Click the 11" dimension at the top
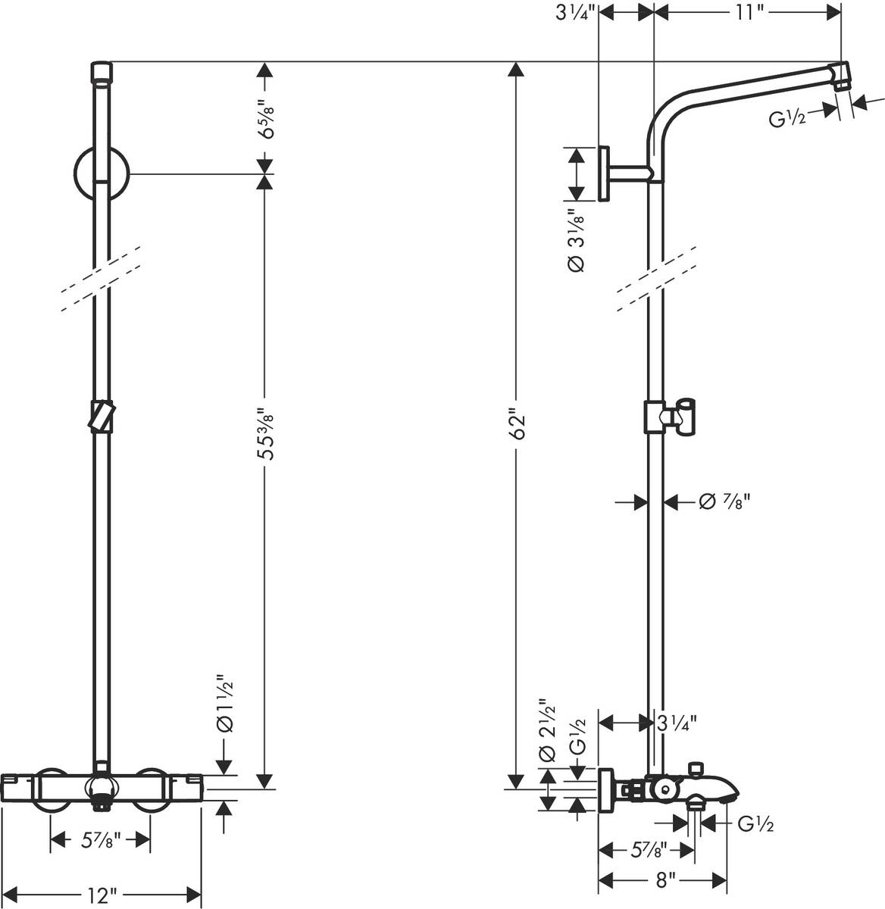[748, 13]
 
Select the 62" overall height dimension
[517, 425]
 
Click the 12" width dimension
[101, 895]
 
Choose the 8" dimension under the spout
[665, 879]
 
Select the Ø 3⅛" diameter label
[575, 241]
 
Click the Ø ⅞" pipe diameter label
[715, 501]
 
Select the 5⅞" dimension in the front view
[101, 839]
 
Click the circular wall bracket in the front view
[102, 173]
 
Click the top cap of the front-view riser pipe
[101, 71]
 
